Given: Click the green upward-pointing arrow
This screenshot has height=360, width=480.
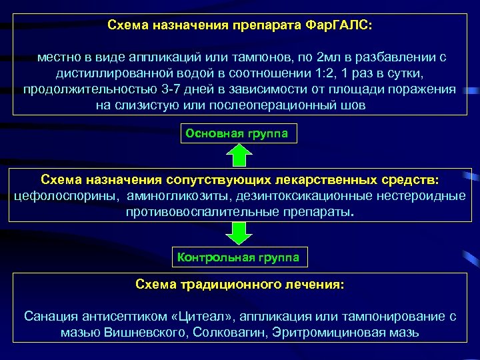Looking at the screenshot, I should (239, 156).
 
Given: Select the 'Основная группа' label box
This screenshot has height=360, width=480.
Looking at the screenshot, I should (237, 133).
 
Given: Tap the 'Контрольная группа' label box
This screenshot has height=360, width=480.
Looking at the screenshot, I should (237, 257).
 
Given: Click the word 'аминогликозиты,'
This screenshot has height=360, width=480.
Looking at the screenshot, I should (173, 195).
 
